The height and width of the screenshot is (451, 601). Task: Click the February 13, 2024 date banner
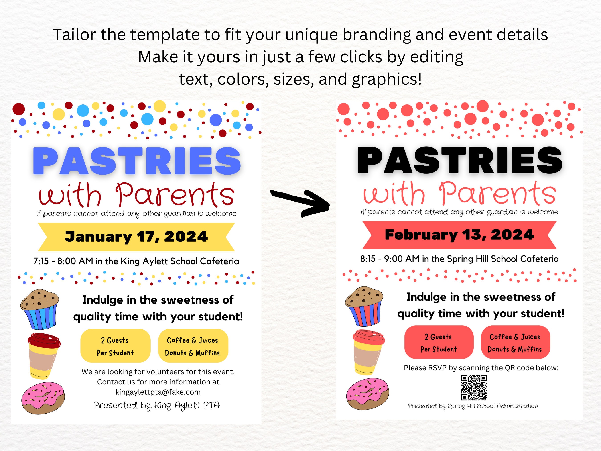coord(459,235)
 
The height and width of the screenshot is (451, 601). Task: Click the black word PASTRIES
coord(460,160)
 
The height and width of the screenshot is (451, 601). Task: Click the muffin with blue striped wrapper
coord(40,309)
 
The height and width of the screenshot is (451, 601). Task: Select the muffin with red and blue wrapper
coord(364,306)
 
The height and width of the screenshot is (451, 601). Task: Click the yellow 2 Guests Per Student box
coord(115,346)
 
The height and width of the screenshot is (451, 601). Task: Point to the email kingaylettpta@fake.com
coord(158,392)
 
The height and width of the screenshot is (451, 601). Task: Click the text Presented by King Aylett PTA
coord(157,405)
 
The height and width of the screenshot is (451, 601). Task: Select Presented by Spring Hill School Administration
coord(473,406)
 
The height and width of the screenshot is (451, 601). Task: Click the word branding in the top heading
coord(376,35)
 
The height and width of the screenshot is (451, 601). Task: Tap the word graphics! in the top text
coord(387,79)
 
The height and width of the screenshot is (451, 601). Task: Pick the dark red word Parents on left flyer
coord(175,195)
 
